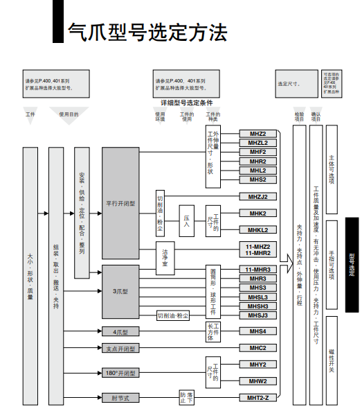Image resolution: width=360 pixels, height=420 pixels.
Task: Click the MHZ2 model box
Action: coord(258,133)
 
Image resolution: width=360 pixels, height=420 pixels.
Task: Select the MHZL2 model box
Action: coord(258,142)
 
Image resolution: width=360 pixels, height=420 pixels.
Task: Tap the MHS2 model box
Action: coord(258,179)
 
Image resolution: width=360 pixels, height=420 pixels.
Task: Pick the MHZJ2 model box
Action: coord(258,196)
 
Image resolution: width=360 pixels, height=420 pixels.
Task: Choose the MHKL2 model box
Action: coord(258,229)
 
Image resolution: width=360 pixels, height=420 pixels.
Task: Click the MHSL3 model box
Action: coord(258,297)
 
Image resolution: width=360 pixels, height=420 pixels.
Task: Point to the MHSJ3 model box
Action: coord(258,315)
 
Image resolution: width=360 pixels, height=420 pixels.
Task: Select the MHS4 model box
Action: coord(258,331)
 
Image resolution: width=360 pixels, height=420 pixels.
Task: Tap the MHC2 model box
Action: coord(258,348)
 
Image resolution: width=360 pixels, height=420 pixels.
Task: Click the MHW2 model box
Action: coord(258,380)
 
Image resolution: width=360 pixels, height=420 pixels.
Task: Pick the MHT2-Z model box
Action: coord(258,398)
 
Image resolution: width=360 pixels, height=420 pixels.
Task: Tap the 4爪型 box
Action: coord(121,332)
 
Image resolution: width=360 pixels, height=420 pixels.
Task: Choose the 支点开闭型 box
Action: coord(121,349)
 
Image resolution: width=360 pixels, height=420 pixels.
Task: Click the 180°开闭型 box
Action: coord(121,373)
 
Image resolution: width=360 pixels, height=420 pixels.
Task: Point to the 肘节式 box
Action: coord(121,398)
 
